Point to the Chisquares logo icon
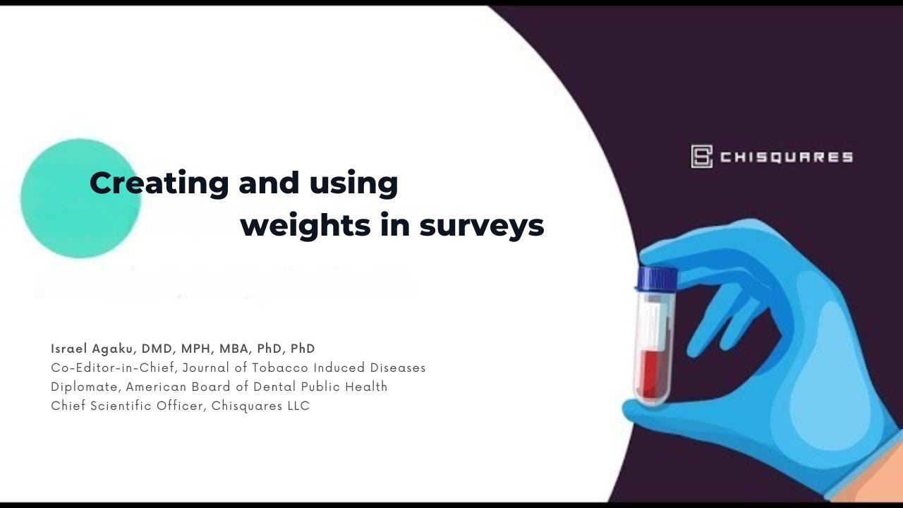pyautogui.click(x=701, y=157)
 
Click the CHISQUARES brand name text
pyautogui.click(x=787, y=157)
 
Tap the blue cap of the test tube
pyautogui.click(x=657, y=277)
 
